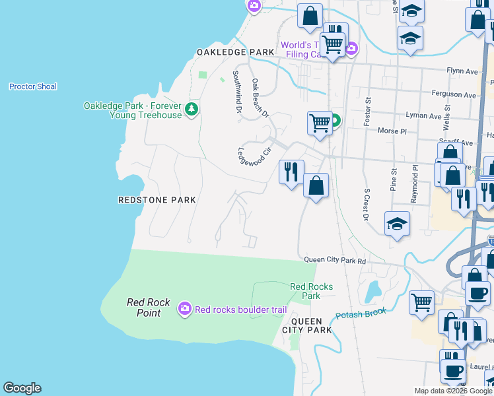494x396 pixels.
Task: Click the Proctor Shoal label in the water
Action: [x=33, y=86]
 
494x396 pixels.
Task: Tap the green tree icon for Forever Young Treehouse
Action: [x=192, y=108]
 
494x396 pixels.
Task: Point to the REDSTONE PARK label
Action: [x=157, y=199]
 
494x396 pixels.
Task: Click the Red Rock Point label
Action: [x=149, y=308]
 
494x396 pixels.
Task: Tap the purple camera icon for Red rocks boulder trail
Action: [x=185, y=308]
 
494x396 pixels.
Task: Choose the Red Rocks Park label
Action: [x=311, y=291]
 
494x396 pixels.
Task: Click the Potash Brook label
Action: [x=360, y=313]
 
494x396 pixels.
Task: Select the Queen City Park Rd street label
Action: [x=335, y=261]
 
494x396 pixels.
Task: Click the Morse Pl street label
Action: [x=392, y=131]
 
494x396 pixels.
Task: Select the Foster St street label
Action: [x=368, y=111]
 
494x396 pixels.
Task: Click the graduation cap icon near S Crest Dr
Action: [x=398, y=224]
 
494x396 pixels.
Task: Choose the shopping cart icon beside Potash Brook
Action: [x=421, y=303]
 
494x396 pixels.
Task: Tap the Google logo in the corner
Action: [x=22, y=388]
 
